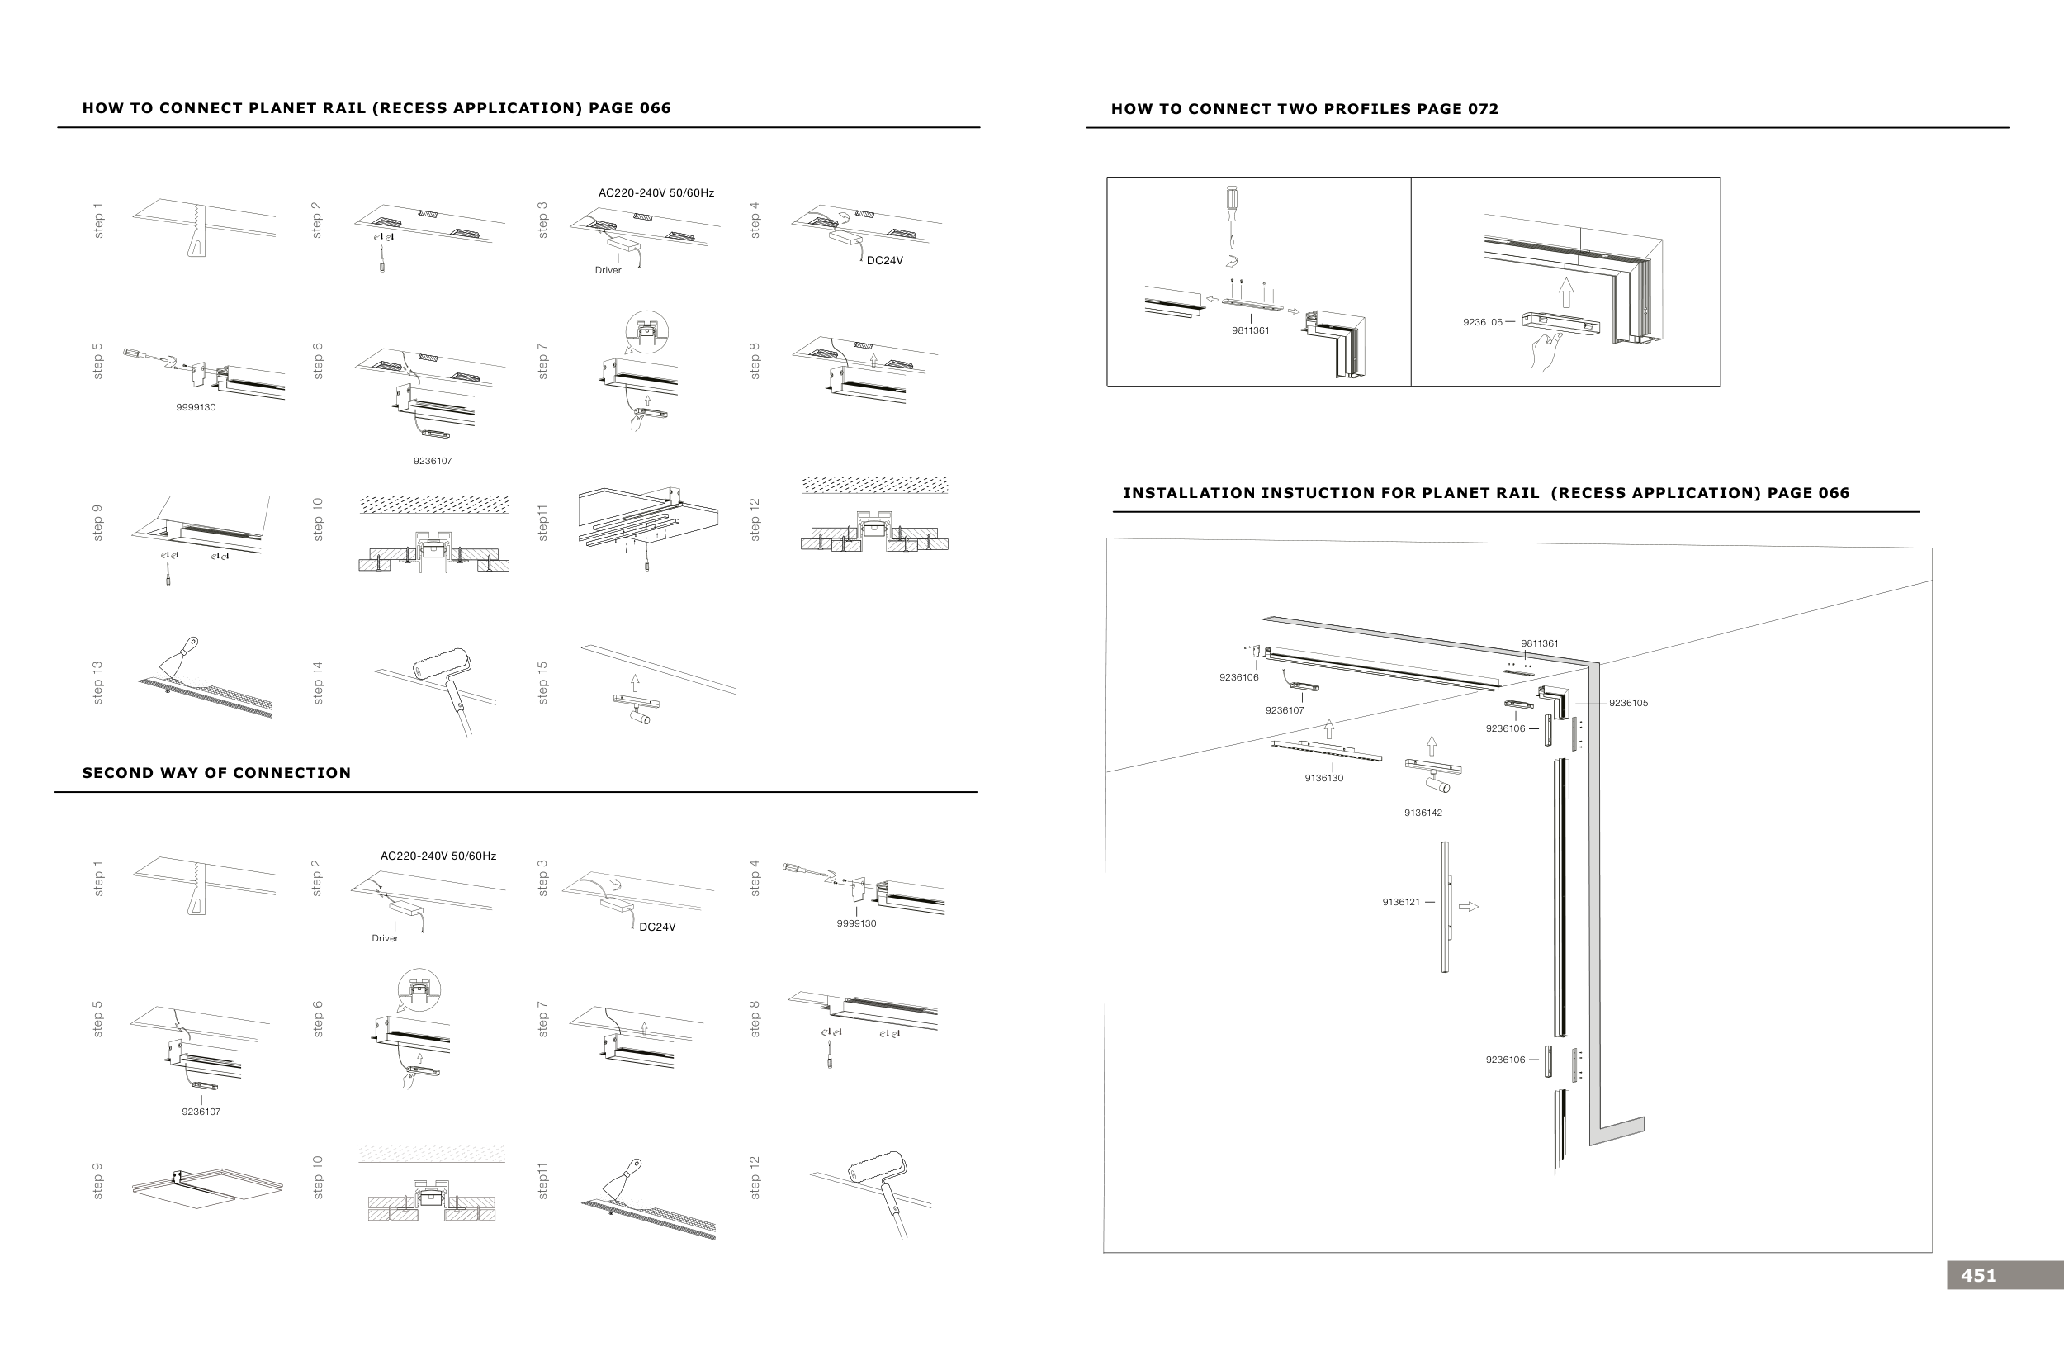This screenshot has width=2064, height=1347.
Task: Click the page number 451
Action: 1978,1275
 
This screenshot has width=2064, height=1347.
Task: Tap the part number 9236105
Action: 1628,703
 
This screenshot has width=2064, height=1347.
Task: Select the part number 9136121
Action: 1400,902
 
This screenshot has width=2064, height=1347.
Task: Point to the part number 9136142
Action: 1423,813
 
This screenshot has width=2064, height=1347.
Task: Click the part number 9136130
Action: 1323,778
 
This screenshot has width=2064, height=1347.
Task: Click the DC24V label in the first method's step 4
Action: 884,260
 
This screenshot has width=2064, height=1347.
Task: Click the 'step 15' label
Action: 543,683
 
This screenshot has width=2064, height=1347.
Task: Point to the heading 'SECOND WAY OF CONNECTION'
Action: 216,773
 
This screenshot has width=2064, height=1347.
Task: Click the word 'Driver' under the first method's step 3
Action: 608,270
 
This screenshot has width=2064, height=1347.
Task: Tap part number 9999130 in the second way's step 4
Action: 856,923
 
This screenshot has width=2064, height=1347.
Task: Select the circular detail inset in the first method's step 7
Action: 647,331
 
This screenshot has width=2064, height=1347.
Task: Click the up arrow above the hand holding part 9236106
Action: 1565,292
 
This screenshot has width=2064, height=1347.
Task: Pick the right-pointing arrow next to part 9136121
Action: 1468,906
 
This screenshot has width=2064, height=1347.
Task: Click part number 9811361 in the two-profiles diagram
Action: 1250,330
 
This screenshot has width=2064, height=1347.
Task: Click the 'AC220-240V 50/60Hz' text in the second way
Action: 438,856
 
